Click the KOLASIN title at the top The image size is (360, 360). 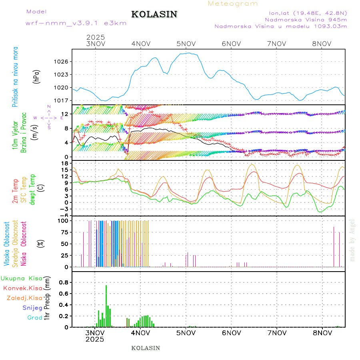(x=154, y=14)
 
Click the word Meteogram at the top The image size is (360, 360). (x=233, y=4)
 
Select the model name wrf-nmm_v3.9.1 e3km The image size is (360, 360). (x=76, y=23)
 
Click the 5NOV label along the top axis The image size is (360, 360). (x=186, y=44)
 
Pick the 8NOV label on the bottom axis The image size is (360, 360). (x=322, y=332)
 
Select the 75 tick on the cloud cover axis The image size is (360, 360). (x=64, y=232)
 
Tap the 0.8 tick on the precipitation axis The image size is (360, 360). (x=63, y=282)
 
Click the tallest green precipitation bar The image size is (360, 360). (x=106, y=306)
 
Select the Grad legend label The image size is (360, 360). (x=34, y=318)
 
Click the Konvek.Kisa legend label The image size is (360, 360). (x=23, y=288)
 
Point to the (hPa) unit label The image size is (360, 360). (x=36, y=76)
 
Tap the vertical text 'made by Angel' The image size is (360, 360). (x=352, y=240)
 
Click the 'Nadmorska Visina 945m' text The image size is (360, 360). (x=306, y=19)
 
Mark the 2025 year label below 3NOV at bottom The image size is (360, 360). (x=95, y=339)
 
